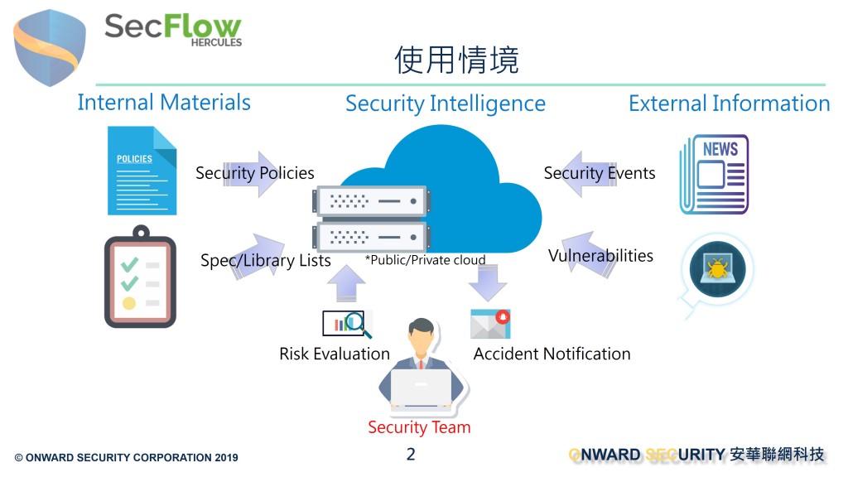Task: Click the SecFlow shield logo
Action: (x=50, y=47)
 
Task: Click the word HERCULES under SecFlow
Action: (x=216, y=42)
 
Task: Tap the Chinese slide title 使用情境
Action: (x=456, y=60)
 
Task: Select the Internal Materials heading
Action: (x=164, y=102)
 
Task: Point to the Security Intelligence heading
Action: (x=446, y=104)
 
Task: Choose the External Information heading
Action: (x=729, y=103)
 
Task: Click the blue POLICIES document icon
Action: (x=142, y=171)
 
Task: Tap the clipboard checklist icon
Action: (x=140, y=277)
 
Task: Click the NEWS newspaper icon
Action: (x=714, y=174)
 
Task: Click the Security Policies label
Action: (x=255, y=173)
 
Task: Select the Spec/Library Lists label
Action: (x=266, y=260)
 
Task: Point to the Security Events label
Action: (x=600, y=173)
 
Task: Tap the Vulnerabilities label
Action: (x=600, y=255)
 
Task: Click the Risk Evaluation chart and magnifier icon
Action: (x=347, y=324)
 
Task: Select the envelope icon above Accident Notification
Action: (x=490, y=324)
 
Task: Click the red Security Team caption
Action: (x=419, y=427)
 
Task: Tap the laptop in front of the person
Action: (x=422, y=388)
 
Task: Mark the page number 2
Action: (x=411, y=454)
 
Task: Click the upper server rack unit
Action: (x=372, y=201)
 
